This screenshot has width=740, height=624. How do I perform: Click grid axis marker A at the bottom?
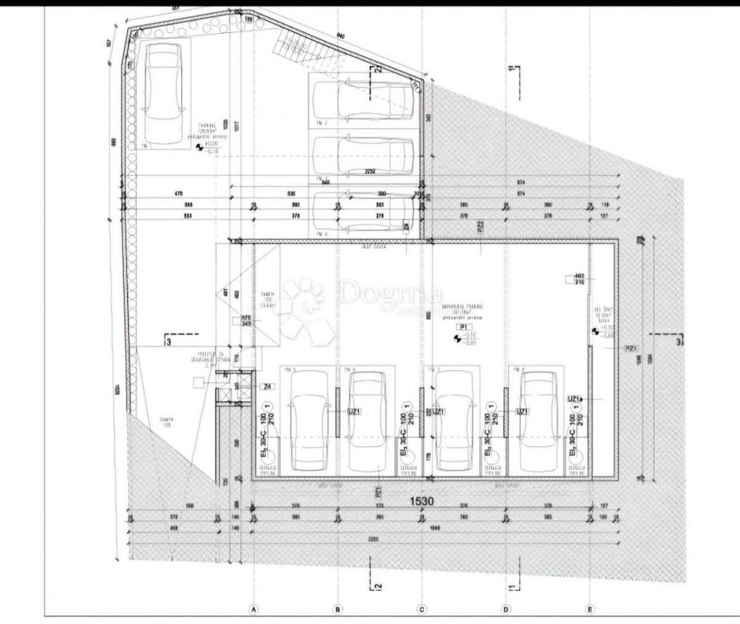pyautogui.click(x=253, y=609)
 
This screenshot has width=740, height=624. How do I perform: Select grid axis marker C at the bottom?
pyautogui.click(x=422, y=609)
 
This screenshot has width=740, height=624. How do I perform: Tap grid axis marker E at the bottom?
pyautogui.click(x=590, y=609)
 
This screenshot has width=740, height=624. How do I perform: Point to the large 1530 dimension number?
pyautogui.click(x=422, y=501)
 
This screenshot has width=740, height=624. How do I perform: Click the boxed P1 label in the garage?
pyautogui.click(x=462, y=327)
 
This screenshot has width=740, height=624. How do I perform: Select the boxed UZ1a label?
pyautogui.click(x=574, y=399)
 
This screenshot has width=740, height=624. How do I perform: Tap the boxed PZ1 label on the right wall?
pyautogui.click(x=630, y=348)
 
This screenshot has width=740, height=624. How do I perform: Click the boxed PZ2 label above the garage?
pyautogui.click(x=480, y=227)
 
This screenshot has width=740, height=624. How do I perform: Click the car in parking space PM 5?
pyautogui.click(x=308, y=419)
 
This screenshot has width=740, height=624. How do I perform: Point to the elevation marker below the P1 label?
pyautogui.click(x=458, y=338)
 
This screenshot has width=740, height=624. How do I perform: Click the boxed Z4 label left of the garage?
pyautogui.click(x=267, y=387)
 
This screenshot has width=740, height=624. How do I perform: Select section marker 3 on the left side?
pyautogui.click(x=168, y=342)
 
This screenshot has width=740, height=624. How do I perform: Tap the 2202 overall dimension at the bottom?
pyautogui.click(x=372, y=539)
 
